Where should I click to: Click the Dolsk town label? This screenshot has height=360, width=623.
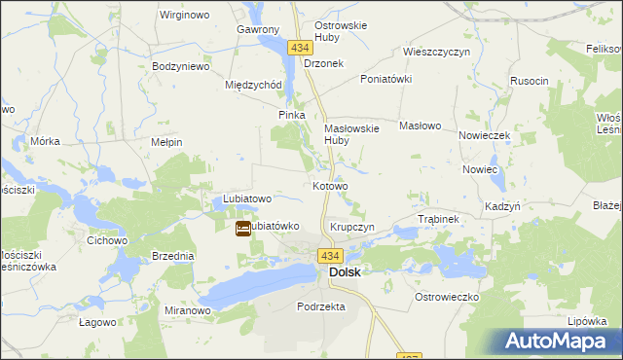(x=345, y=272)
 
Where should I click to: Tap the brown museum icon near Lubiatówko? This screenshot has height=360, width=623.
(x=242, y=229)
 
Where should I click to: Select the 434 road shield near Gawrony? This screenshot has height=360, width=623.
(x=298, y=47)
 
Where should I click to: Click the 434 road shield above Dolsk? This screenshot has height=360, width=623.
(x=330, y=256)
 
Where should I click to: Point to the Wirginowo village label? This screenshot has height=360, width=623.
(x=188, y=17)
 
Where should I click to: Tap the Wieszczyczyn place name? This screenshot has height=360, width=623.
(x=436, y=52)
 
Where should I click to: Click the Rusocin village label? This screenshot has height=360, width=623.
(x=530, y=81)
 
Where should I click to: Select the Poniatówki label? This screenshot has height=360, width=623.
(x=386, y=79)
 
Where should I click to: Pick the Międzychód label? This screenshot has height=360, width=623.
(x=253, y=84)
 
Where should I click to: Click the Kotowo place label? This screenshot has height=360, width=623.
(x=330, y=185)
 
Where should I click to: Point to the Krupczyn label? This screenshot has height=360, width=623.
(x=352, y=226)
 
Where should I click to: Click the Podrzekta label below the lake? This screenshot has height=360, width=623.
(x=320, y=306)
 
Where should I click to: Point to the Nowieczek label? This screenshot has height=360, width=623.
(x=485, y=135)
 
